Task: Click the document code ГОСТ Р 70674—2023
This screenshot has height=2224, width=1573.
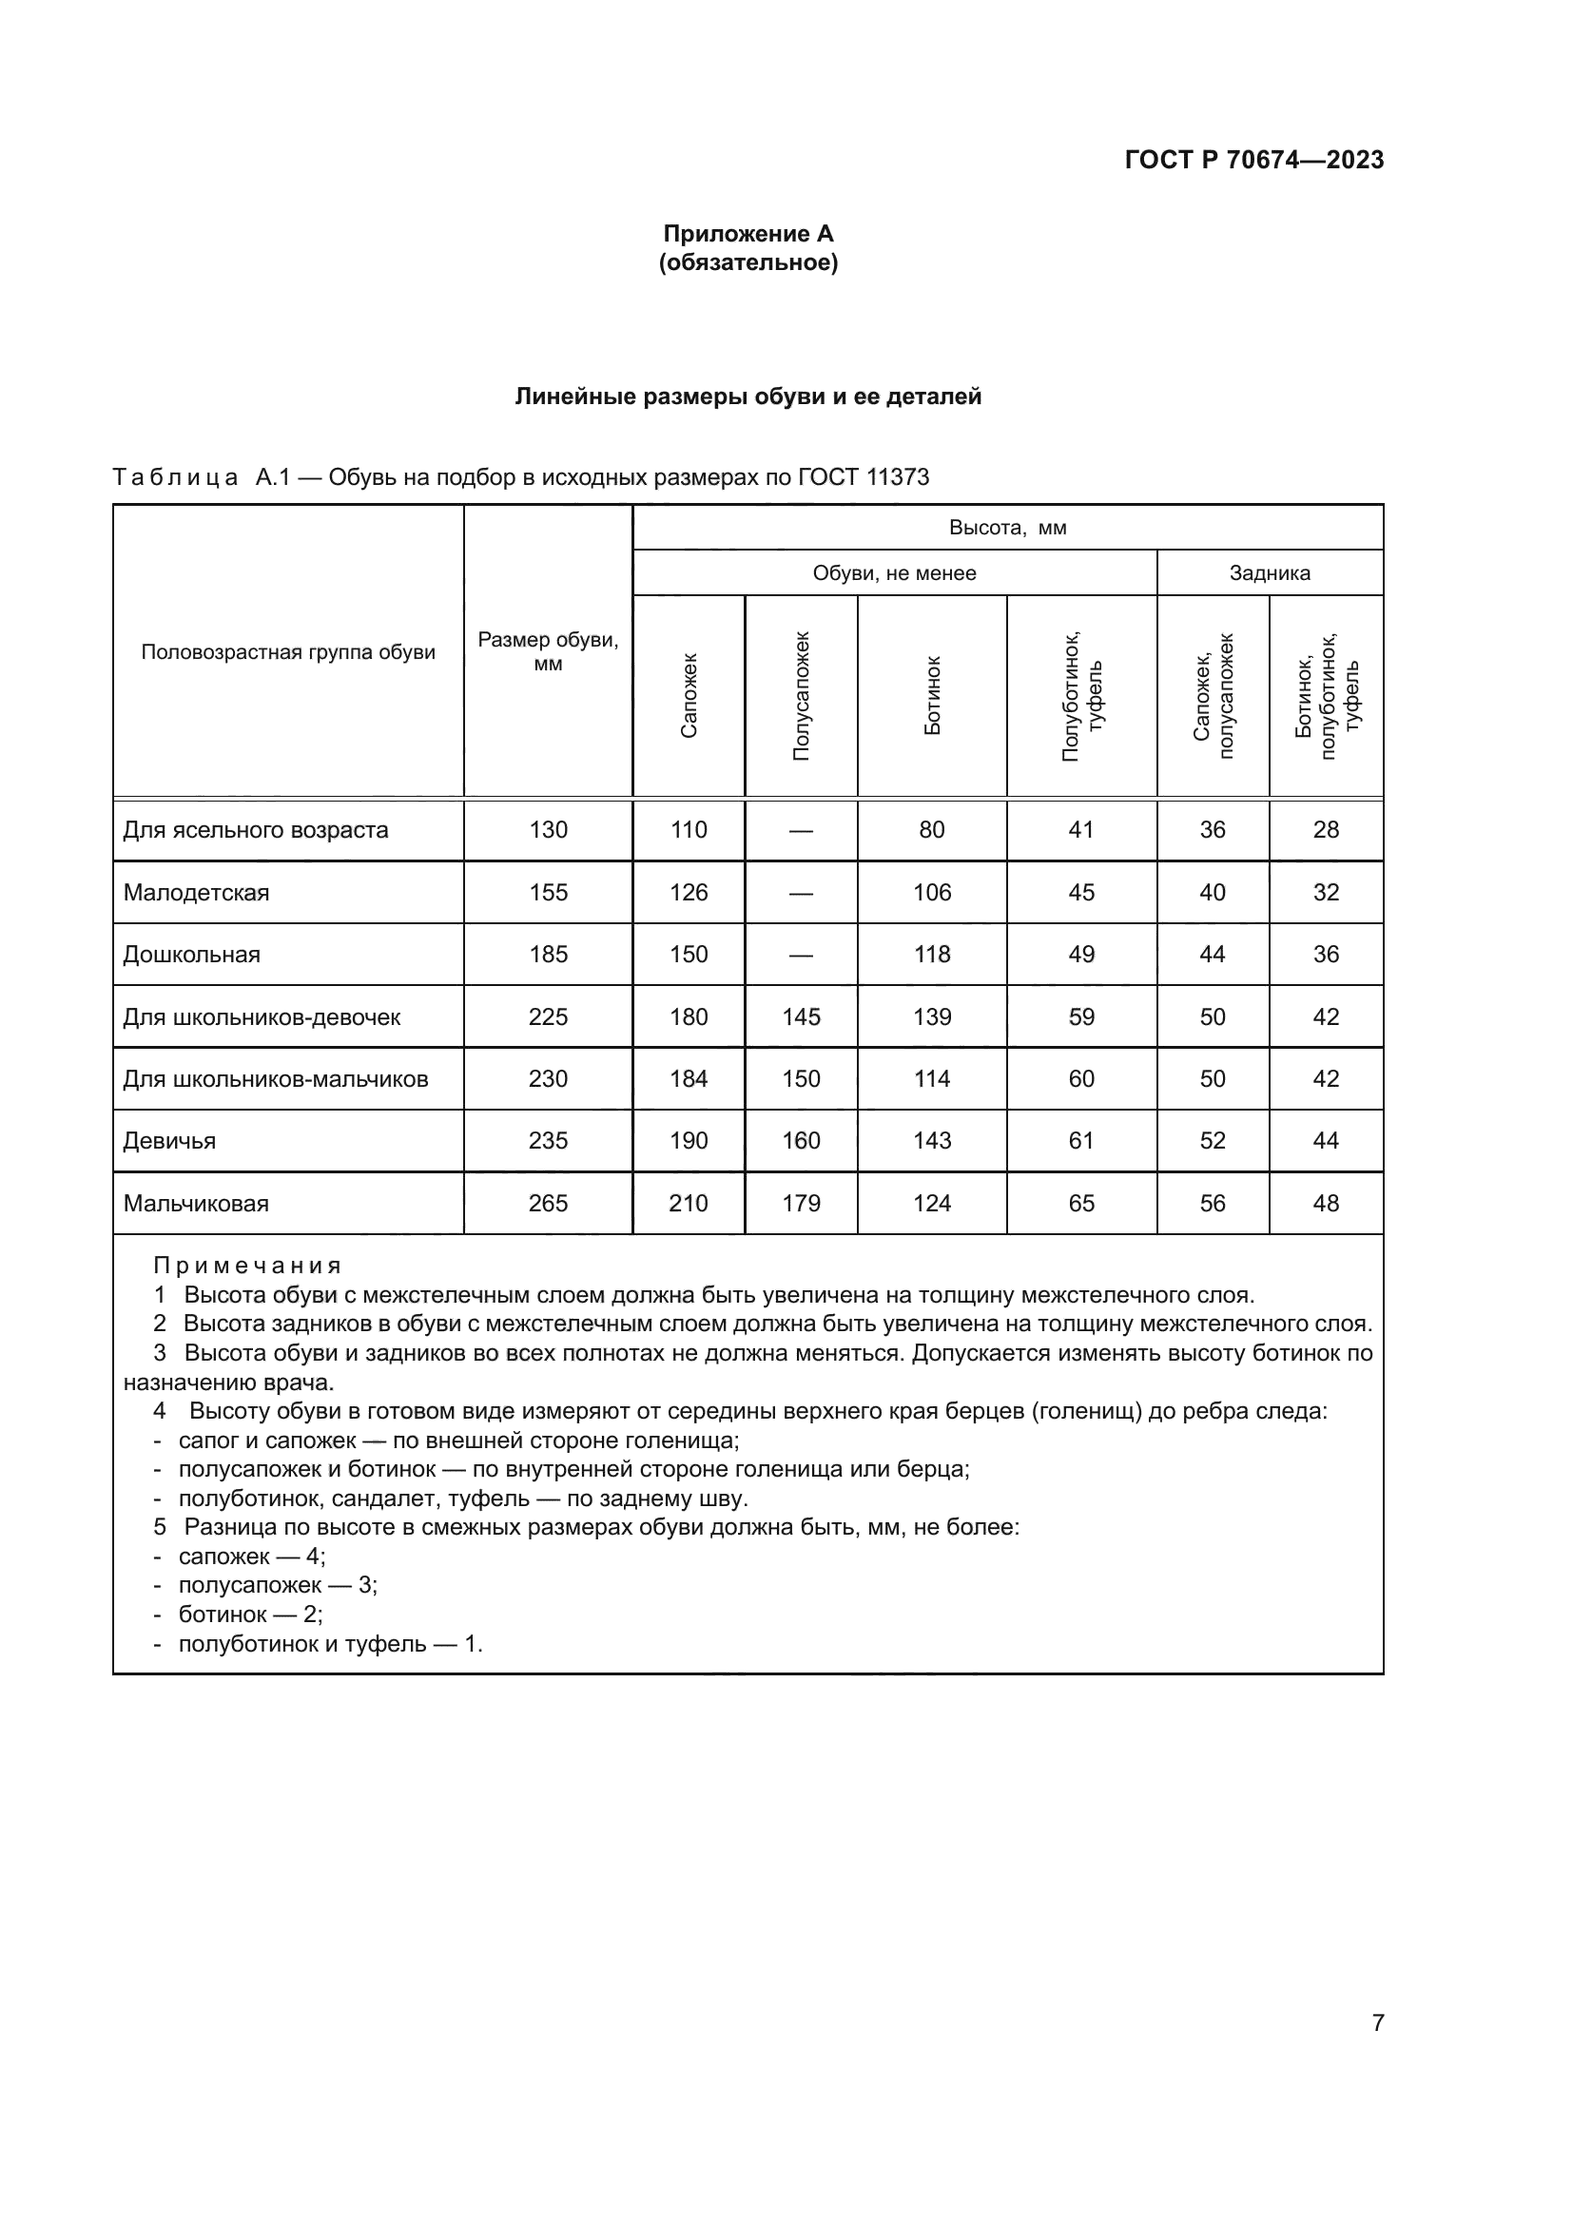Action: coord(1253,160)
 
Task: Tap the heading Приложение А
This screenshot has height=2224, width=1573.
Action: coord(748,234)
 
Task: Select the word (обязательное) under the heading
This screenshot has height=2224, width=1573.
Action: coord(748,262)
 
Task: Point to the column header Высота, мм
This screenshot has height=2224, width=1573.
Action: coord(1007,528)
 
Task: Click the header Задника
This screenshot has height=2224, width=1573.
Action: coord(1269,572)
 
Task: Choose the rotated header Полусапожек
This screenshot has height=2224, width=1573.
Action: coord(801,695)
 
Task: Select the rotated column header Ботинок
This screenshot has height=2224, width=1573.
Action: coord(932,695)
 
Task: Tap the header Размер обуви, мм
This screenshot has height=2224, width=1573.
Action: coord(548,651)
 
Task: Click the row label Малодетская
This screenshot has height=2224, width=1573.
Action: coord(196,892)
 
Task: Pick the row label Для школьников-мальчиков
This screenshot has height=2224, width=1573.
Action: coord(275,1079)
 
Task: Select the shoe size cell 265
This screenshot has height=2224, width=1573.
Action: coord(548,1203)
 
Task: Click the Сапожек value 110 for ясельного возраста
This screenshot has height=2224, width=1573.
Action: coord(689,830)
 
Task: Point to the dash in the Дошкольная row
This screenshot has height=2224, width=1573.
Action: coord(801,955)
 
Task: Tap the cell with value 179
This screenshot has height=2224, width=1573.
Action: coord(801,1203)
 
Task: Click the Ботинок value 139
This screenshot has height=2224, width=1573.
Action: coord(932,1017)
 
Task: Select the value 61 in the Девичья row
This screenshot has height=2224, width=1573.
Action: coord(1081,1141)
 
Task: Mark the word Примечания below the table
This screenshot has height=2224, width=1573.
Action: coord(247,1266)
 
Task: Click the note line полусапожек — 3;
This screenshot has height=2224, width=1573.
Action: coord(277,1586)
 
